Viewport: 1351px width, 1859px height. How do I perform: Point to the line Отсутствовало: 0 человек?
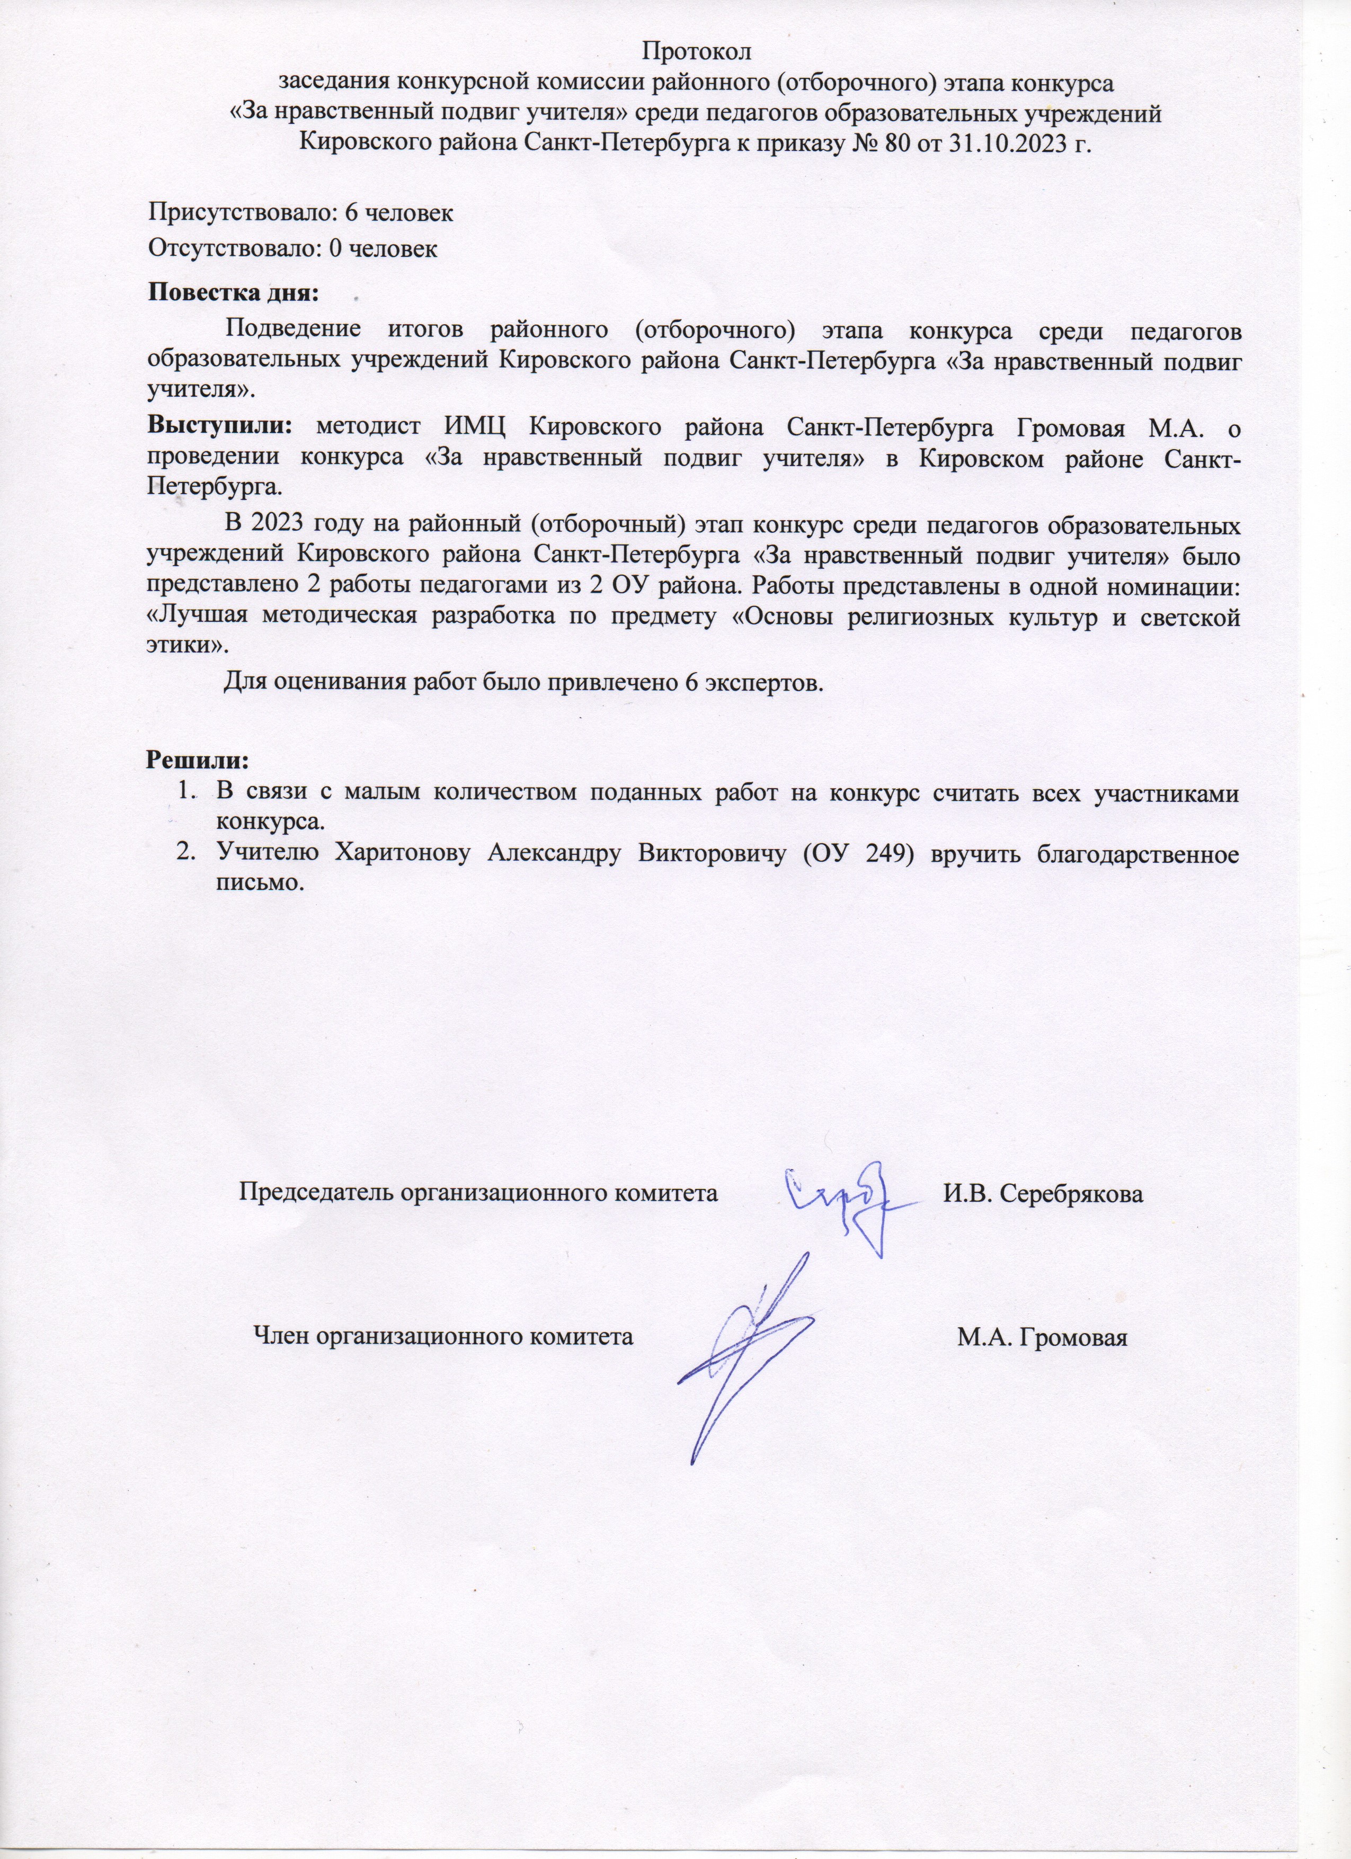coord(292,248)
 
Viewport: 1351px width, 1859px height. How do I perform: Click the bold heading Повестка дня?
coord(233,292)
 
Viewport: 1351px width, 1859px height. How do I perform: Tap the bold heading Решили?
coord(197,760)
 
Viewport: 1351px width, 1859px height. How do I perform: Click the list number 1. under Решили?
coord(187,793)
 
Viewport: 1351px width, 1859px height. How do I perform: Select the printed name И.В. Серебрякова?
coord(1043,1194)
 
